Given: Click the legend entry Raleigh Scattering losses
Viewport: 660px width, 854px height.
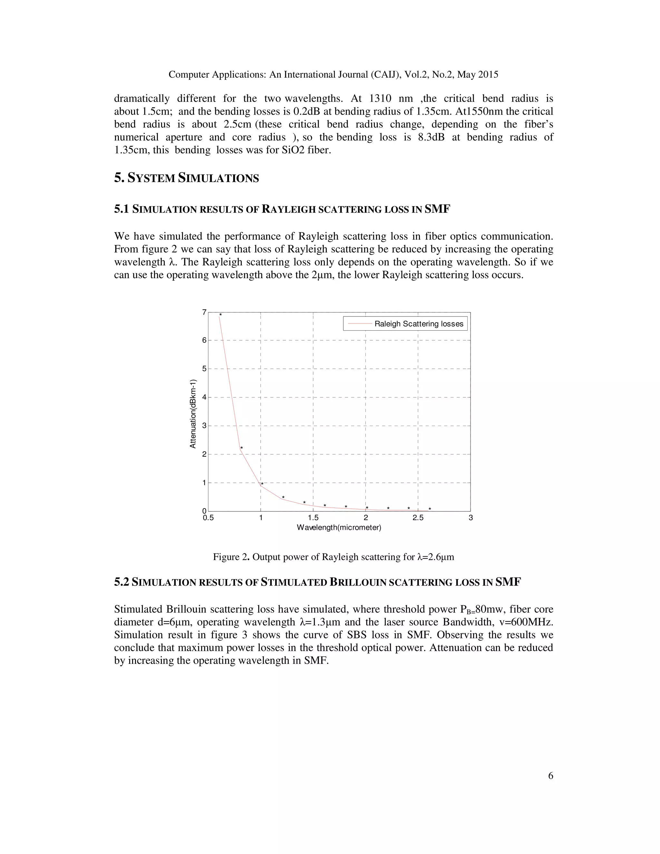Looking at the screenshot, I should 418,324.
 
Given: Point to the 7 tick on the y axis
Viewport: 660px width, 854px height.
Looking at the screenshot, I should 204,312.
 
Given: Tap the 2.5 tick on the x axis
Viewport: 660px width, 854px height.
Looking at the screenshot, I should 418,518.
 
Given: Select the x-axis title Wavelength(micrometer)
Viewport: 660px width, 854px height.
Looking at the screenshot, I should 339,528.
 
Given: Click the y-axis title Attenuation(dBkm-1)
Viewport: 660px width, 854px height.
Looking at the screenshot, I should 192,414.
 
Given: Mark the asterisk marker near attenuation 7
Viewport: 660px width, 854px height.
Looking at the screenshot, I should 220,315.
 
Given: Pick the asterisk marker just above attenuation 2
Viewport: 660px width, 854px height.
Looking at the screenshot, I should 242,448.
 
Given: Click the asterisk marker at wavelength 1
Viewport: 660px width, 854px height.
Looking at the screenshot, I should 262,484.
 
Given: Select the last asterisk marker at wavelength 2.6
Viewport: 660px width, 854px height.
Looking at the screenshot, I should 430,509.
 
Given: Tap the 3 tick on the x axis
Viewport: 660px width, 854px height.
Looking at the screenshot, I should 471,518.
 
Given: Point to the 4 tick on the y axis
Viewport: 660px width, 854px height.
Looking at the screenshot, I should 204,397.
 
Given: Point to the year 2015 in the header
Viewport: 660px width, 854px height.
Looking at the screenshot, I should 489,74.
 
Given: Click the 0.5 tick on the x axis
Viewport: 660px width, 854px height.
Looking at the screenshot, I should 209,518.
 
